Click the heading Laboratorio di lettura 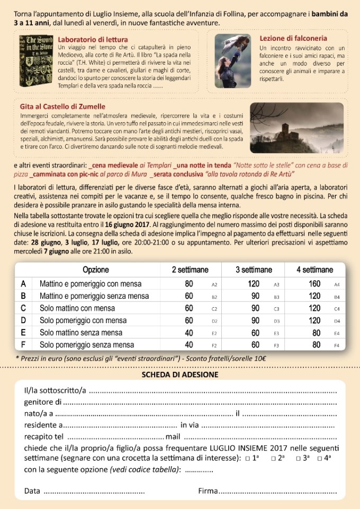(x=93, y=40)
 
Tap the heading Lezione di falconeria (x=293, y=38)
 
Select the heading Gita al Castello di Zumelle (x=62, y=106)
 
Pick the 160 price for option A (x=316, y=284)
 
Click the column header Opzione (x=96, y=270)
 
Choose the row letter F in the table (x=23, y=345)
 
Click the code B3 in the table (x=276, y=297)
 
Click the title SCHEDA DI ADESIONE (x=179, y=374)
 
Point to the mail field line (x=259, y=437)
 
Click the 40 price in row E (x=188, y=333)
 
